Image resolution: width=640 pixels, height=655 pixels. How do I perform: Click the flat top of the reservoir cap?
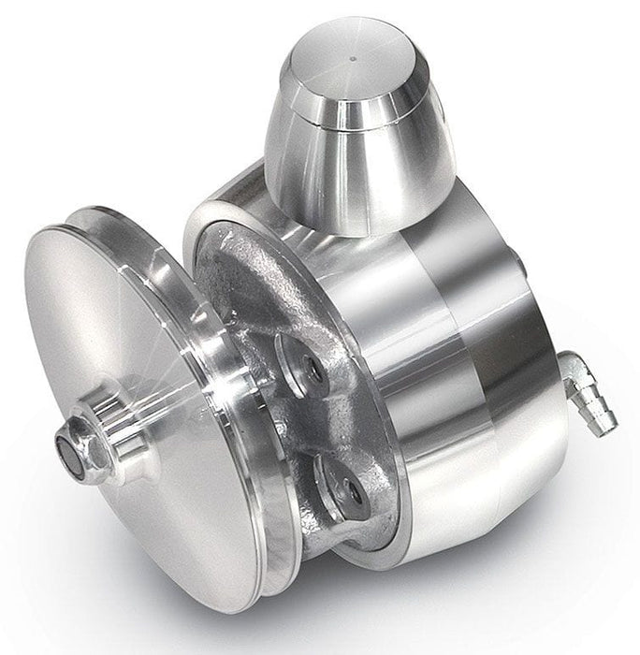(x=348, y=65)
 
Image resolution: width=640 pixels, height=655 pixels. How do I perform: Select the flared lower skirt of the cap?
(x=356, y=178)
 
